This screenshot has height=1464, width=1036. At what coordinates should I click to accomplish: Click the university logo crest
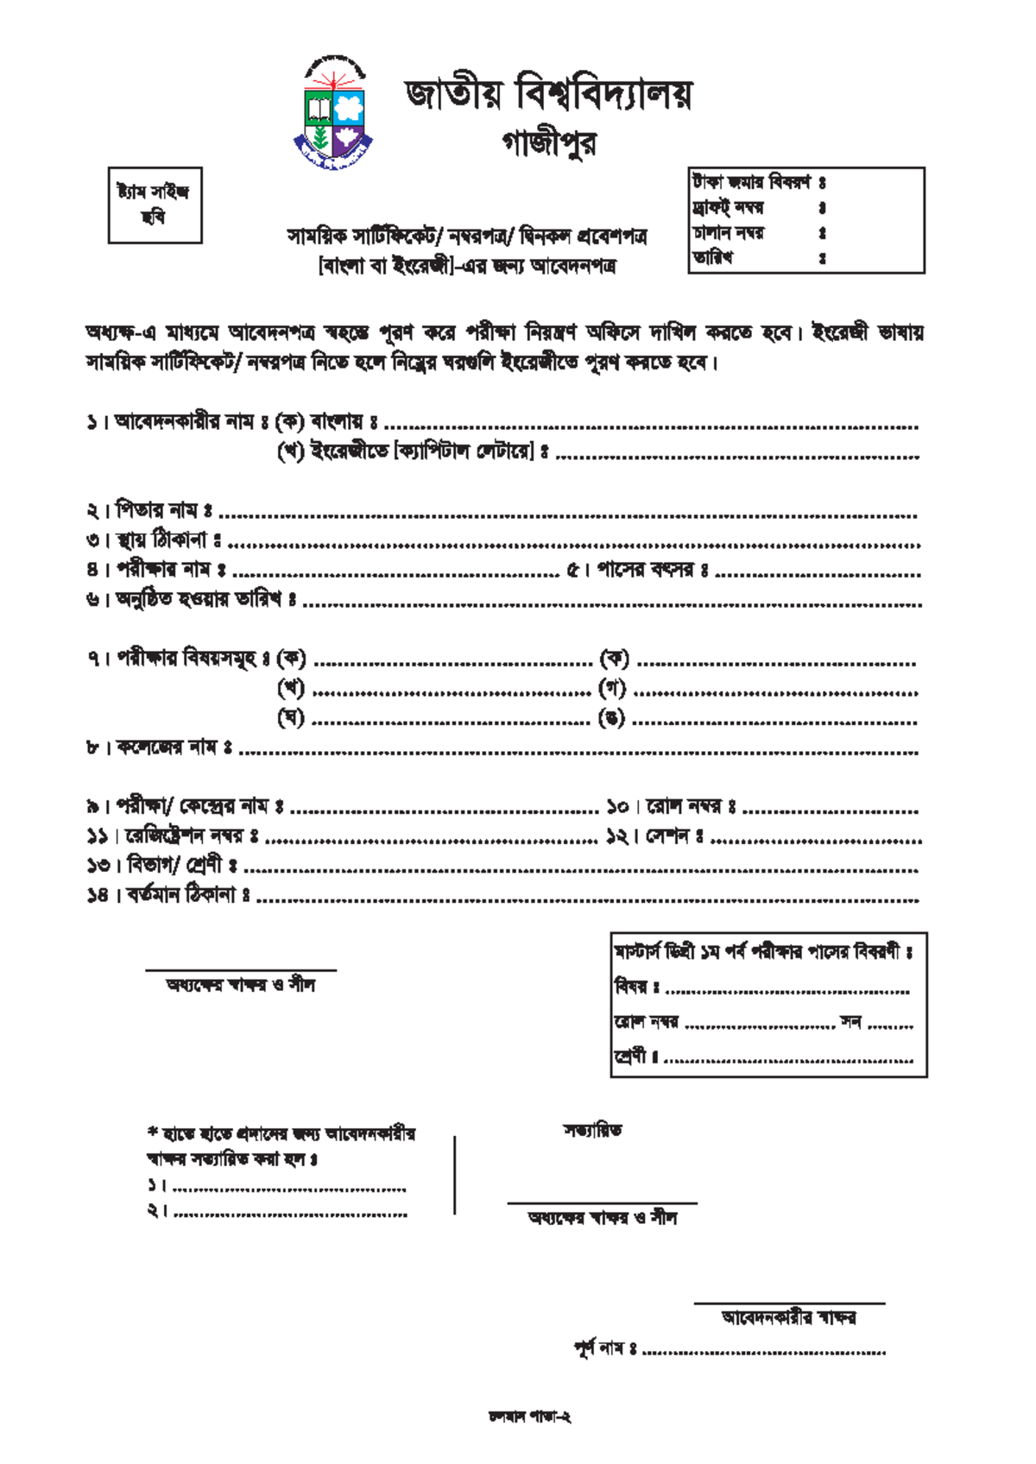334,113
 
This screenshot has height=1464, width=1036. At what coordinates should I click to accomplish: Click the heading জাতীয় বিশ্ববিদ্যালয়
548,93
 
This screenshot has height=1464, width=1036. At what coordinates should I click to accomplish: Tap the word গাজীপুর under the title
549,143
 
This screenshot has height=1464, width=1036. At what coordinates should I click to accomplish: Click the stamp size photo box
155,205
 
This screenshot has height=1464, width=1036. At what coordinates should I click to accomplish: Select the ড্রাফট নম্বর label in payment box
727,208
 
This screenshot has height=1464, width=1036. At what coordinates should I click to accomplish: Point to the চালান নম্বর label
727,233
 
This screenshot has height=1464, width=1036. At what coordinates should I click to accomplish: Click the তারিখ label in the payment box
713,257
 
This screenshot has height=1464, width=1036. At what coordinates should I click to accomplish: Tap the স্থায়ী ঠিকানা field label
162,541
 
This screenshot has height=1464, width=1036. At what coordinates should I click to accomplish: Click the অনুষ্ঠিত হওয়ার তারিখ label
199,600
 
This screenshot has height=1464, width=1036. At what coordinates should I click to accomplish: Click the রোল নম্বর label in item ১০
685,807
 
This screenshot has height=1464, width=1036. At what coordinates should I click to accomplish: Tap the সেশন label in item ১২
667,836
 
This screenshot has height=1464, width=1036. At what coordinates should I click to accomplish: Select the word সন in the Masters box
851,1022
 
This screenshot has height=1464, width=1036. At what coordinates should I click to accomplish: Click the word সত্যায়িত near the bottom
592,1130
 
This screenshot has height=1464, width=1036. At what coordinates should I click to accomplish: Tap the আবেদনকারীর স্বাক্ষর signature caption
789,1317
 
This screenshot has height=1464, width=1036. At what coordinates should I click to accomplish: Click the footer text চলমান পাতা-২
529,1417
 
